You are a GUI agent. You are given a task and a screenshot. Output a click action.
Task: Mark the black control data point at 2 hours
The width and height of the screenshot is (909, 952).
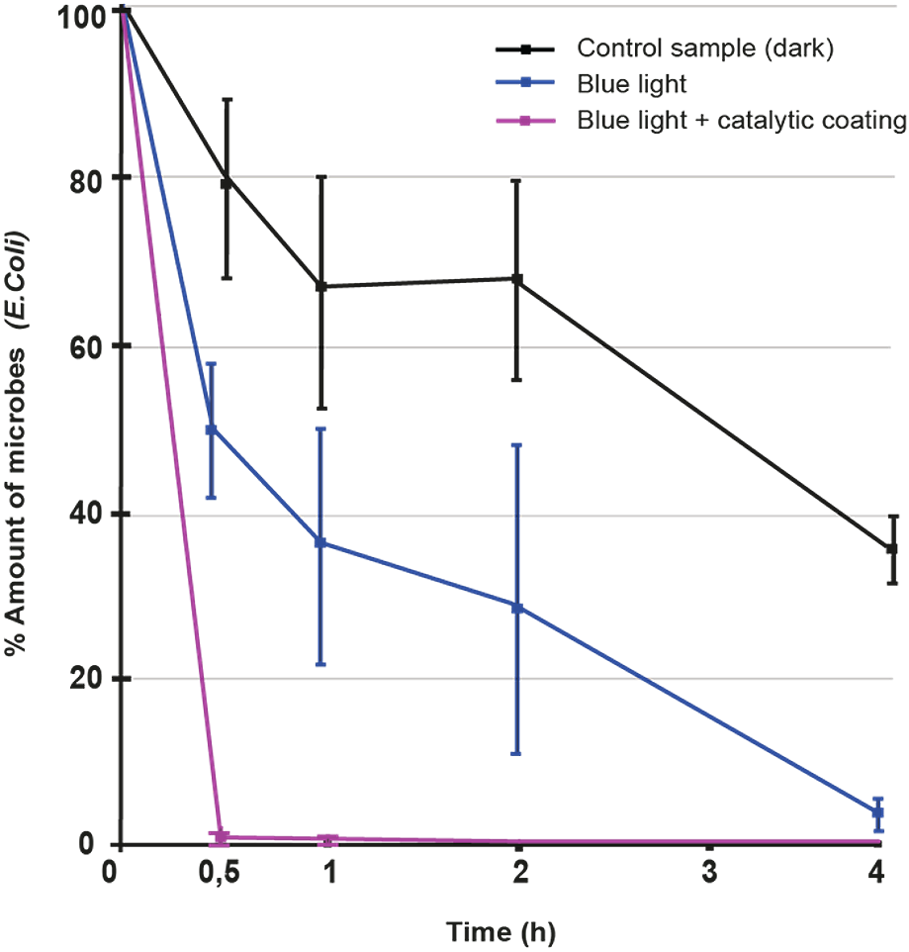[515, 279]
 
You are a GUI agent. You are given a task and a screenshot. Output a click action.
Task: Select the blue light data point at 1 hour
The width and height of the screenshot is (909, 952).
[319, 535]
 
